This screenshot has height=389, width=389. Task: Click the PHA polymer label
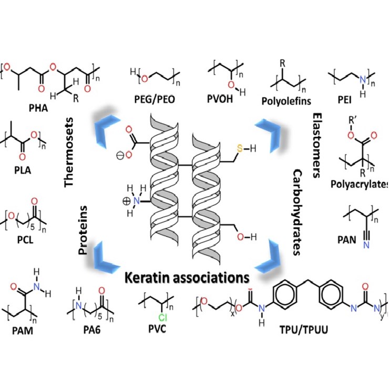38,108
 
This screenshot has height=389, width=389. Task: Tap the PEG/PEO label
155,99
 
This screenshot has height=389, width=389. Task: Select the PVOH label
220,99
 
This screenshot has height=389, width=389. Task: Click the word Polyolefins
286,101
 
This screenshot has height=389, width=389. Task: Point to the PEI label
345,100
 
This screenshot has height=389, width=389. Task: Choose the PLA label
23,170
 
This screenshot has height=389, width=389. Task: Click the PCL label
25,240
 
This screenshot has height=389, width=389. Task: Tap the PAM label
23,331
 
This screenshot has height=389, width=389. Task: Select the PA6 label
92,330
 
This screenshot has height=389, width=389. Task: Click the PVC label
157,329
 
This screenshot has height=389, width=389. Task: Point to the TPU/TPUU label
304,330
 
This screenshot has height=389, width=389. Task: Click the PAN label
347,240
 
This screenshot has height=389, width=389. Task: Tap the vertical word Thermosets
69,152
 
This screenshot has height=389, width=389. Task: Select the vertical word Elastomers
317,146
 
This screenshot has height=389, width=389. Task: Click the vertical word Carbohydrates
297,212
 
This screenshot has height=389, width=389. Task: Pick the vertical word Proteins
83,230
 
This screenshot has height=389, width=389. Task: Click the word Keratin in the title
148,278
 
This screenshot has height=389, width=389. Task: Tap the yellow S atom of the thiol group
240,148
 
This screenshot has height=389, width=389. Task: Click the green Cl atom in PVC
162,318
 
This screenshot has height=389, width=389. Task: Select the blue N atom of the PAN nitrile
366,245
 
